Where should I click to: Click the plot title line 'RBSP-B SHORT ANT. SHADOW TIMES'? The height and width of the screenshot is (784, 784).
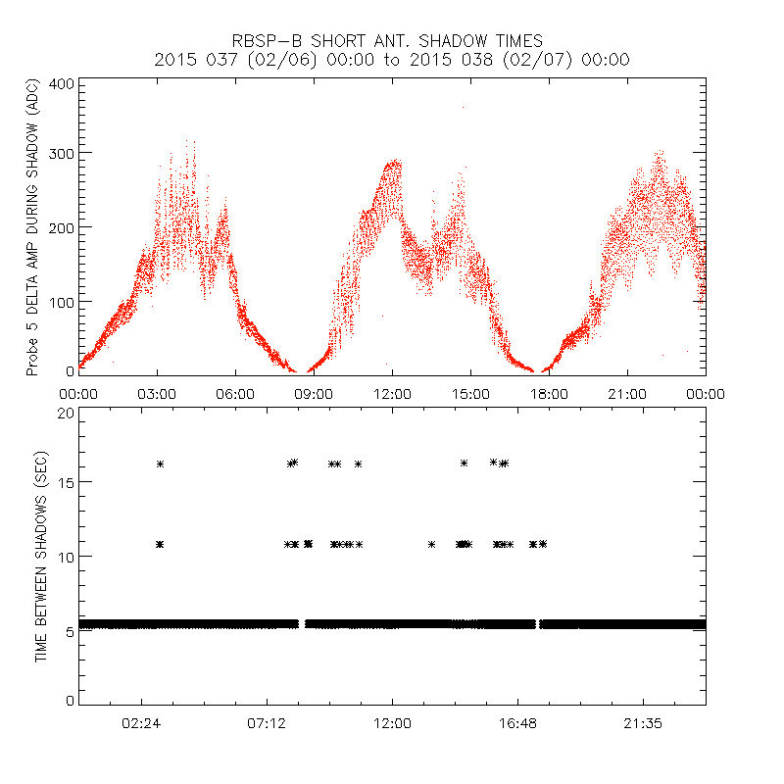click(x=392, y=41)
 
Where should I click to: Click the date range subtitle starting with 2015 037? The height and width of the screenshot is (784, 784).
click(x=392, y=60)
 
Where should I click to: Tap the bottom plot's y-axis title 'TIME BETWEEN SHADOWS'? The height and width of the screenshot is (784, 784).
click(x=40, y=556)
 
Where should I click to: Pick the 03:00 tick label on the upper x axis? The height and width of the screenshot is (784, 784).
click(x=157, y=393)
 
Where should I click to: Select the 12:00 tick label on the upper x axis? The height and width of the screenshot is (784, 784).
click(x=392, y=393)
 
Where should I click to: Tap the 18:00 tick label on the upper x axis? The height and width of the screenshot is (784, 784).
click(x=549, y=393)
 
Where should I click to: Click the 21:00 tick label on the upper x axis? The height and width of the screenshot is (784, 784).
click(x=627, y=393)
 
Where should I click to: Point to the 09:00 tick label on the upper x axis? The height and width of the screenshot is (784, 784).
click(x=314, y=393)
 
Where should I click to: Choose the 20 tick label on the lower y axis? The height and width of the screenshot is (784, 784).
click(x=66, y=413)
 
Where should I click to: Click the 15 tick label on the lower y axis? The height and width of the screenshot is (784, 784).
click(x=66, y=482)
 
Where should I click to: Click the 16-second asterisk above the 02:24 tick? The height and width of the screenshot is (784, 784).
click(x=160, y=464)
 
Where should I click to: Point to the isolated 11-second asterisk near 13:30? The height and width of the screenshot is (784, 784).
click(x=431, y=544)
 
